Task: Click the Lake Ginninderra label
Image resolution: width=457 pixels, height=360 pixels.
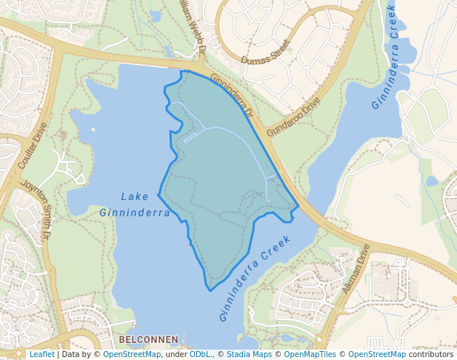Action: (x=136, y=204)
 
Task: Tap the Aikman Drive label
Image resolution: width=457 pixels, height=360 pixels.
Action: (x=356, y=269)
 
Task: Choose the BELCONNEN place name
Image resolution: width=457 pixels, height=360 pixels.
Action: (x=148, y=339)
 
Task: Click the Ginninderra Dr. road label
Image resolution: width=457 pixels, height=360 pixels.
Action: (x=232, y=96)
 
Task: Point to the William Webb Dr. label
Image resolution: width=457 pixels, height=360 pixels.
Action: (x=193, y=26)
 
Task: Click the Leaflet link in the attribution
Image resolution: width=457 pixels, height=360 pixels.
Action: (x=41, y=355)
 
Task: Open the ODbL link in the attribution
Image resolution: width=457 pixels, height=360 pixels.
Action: (x=200, y=355)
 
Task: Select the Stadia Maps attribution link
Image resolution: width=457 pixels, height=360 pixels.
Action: (x=249, y=355)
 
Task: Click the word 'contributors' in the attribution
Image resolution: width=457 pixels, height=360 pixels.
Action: (x=431, y=355)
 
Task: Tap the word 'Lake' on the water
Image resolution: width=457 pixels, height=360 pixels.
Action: (x=135, y=196)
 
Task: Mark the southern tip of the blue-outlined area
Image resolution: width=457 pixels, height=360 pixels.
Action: (x=209, y=287)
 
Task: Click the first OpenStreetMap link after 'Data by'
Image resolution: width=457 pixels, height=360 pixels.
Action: (x=132, y=355)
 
